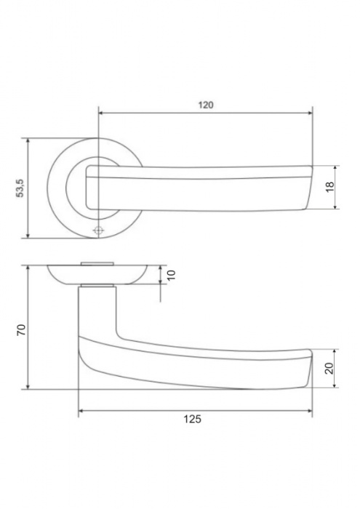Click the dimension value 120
pos(206,105)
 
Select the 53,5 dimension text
pos(20,188)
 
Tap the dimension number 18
pos(329,187)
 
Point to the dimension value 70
pos(21,330)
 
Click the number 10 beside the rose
pos(171,275)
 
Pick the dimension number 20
pos(329,369)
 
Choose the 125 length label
pos(193,419)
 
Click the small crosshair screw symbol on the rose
pos(98,231)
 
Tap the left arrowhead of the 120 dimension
pos(100,113)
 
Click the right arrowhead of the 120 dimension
pos(310,113)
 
